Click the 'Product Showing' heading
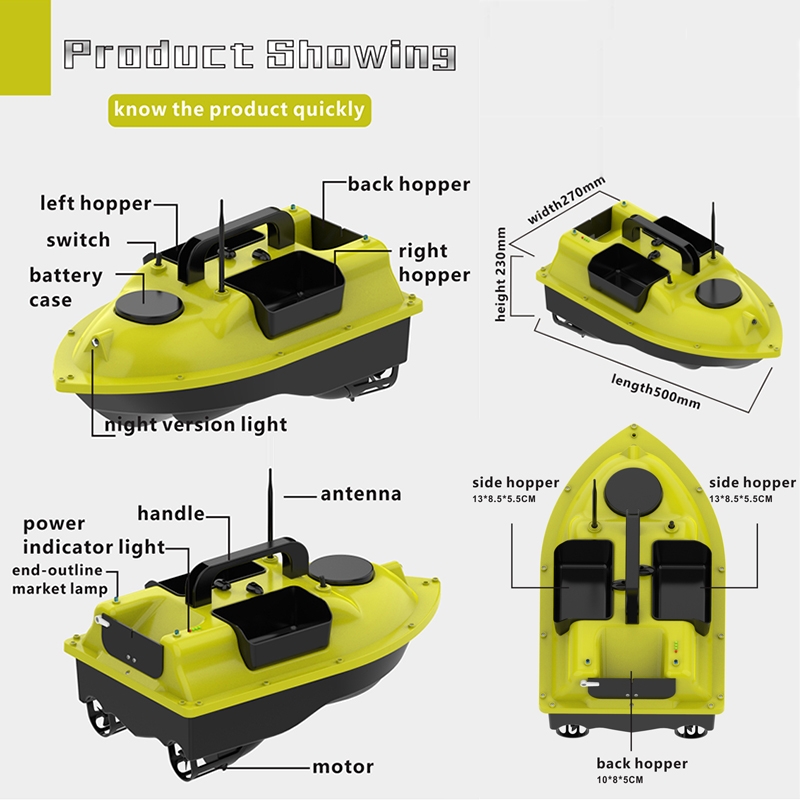click(x=260, y=55)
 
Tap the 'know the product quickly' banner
click(x=239, y=110)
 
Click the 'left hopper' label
click(x=96, y=203)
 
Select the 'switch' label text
click(x=78, y=240)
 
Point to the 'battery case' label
click(x=66, y=287)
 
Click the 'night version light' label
click(x=196, y=424)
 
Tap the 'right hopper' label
click(x=434, y=263)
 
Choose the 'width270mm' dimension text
click(x=566, y=200)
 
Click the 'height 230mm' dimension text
click(x=501, y=274)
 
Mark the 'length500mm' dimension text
click(x=656, y=391)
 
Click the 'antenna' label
click(x=361, y=494)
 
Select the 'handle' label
click(x=171, y=513)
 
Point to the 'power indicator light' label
click(x=94, y=535)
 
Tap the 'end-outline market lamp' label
click(x=60, y=580)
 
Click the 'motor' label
click(x=343, y=766)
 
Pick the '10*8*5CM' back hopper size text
click(x=620, y=780)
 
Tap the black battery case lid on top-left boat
click(x=148, y=306)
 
